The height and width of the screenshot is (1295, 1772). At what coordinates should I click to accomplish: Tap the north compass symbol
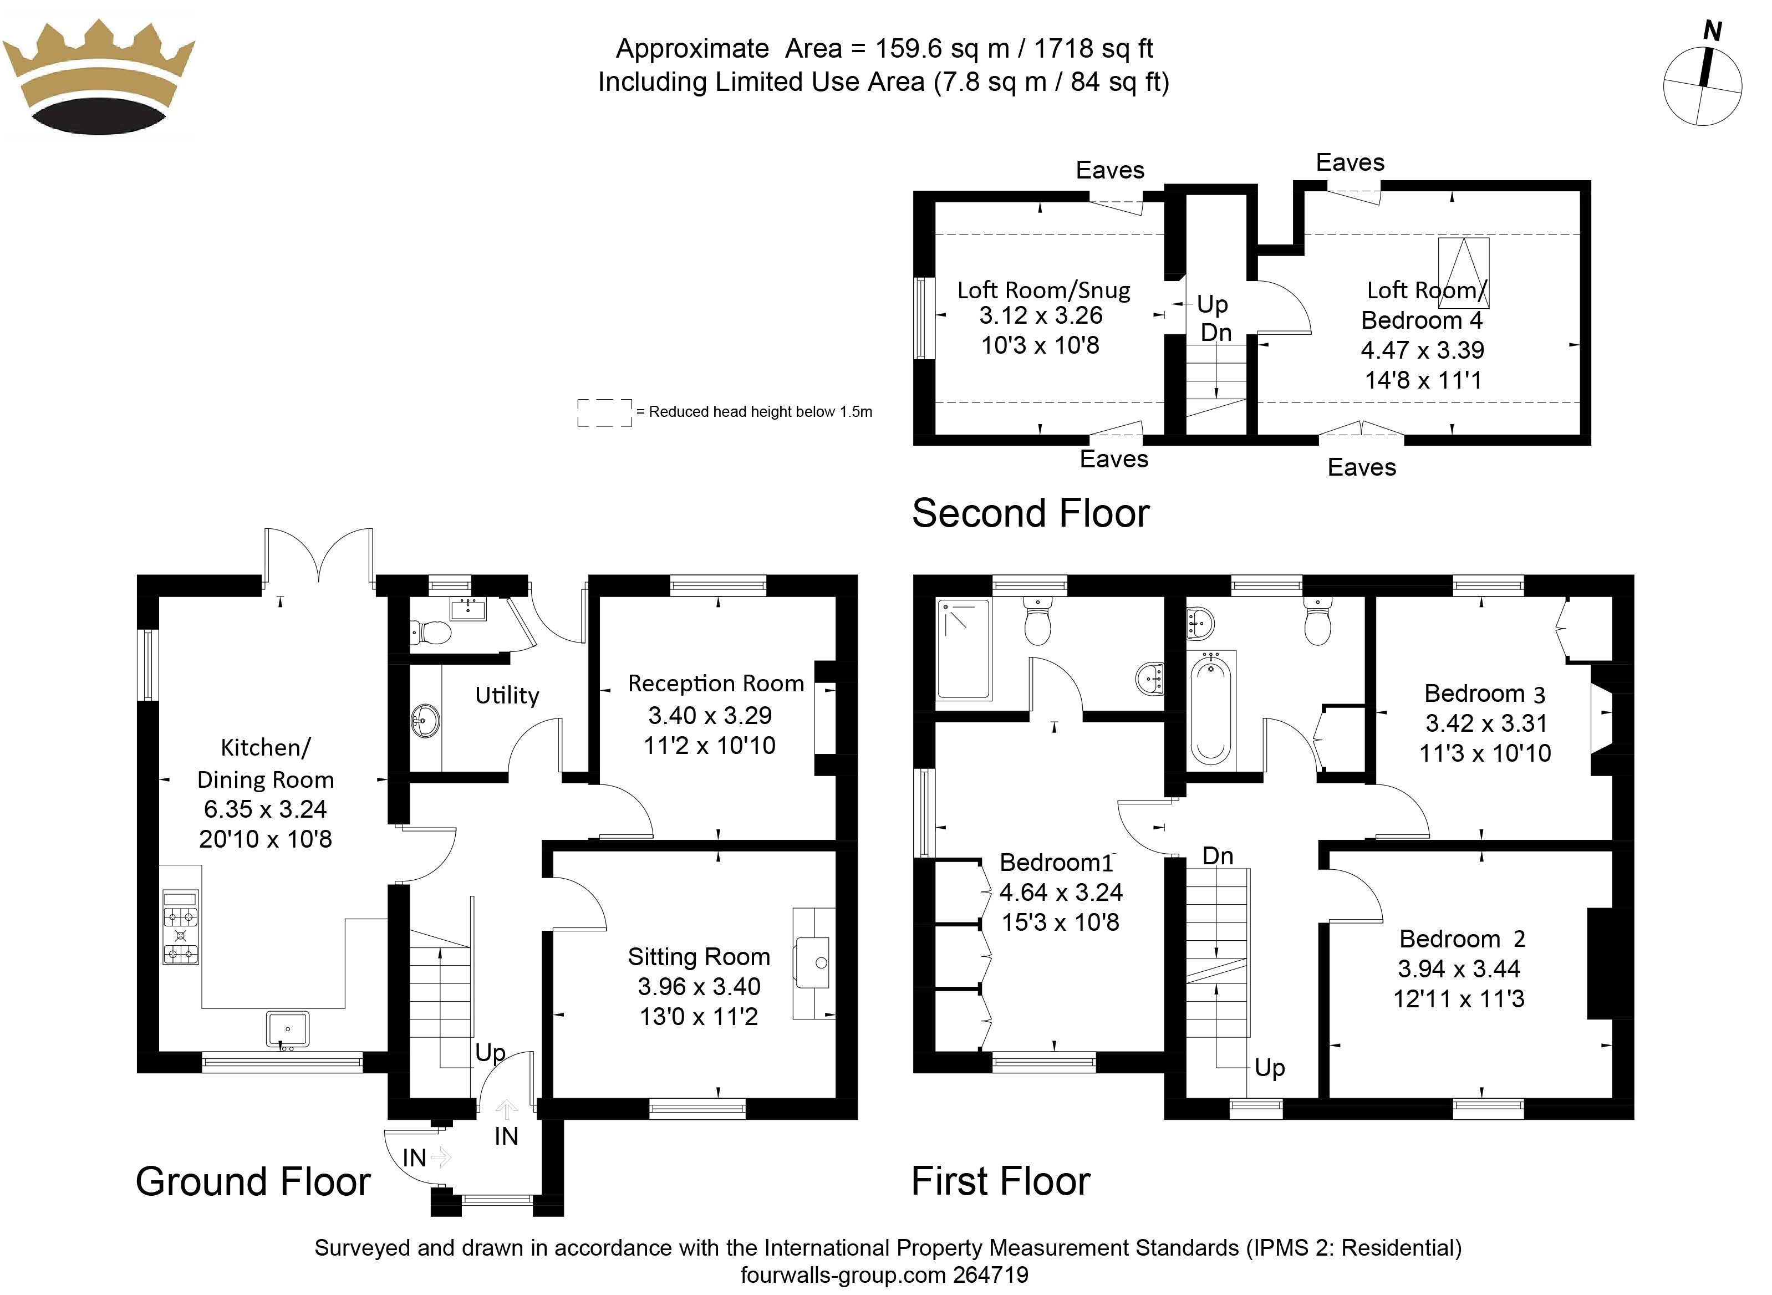coord(1702,78)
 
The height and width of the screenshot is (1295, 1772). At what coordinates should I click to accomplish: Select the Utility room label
coord(507,695)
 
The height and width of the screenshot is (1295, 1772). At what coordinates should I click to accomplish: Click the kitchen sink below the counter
coord(288,1028)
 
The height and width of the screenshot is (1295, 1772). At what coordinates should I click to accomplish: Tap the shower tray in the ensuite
coord(964,648)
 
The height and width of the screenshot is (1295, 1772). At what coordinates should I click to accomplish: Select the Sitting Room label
coord(699,956)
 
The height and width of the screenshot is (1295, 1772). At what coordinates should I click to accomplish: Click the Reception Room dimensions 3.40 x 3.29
coord(710,715)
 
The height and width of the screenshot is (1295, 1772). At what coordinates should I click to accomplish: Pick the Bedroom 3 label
coord(1484,693)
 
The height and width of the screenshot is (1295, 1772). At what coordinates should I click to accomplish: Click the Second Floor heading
coord(1030,513)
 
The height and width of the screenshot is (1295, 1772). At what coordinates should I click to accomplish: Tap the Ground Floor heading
coord(252,1181)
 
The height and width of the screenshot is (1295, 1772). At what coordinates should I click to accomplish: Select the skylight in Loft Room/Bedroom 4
coord(1463,272)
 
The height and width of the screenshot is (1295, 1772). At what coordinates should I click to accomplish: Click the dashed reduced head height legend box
coord(604,413)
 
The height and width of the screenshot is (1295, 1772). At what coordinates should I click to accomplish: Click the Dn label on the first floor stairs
coord(1218,856)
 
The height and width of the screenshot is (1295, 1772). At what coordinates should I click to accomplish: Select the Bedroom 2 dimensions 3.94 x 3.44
coord(1458,969)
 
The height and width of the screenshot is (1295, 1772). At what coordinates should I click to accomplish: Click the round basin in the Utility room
coord(425,720)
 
